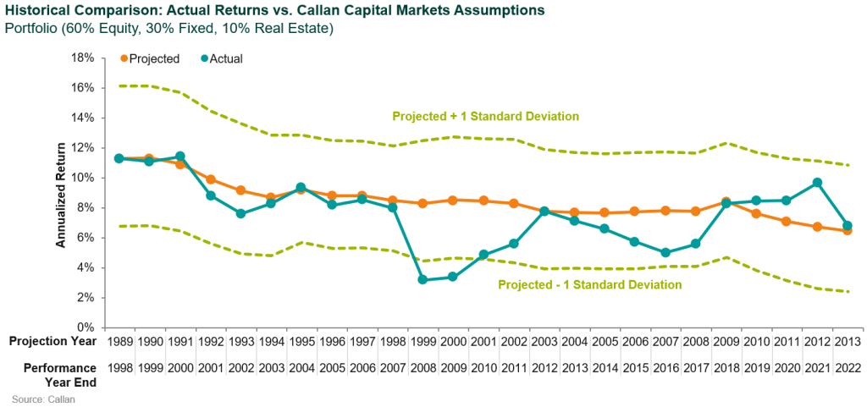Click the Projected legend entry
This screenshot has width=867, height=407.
(149, 58)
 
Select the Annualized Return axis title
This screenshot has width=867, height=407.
(61, 194)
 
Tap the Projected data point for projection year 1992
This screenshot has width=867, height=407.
(210, 179)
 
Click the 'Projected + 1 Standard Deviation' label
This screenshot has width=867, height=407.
(485, 116)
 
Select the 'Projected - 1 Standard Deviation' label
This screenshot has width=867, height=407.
(590, 285)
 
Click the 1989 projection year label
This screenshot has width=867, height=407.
(119, 341)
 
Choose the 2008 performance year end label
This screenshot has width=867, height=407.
(423, 368)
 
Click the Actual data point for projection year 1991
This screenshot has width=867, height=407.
(179, 157)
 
